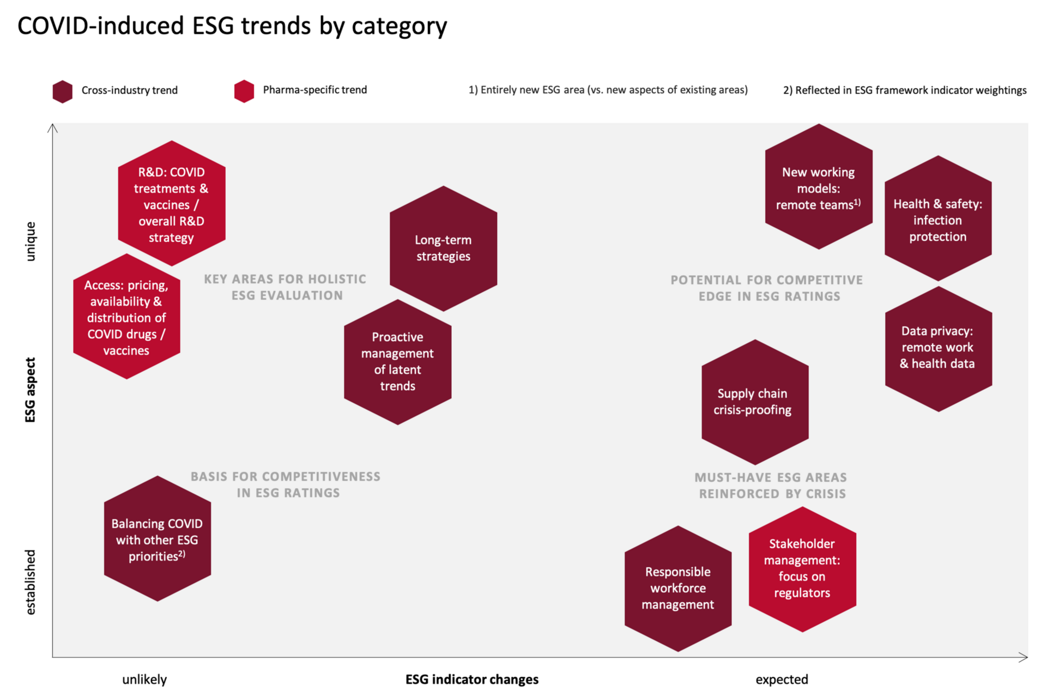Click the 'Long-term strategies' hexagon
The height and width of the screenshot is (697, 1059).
pyautogui.click(x=443, y=249)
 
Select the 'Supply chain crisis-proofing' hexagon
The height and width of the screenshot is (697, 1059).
pyautogui.click(x=755, y=402)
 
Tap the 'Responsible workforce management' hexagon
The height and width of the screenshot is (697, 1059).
pyautogui.click(x=678, y=589)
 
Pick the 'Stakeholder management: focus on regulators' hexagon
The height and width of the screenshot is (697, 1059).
pyautogui.click(x=802, y=569)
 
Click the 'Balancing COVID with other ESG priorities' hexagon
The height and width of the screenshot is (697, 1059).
pyautogui.click(x=158, y=538)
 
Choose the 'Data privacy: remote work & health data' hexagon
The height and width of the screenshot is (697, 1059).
pyautogui.click(x=939, y=349)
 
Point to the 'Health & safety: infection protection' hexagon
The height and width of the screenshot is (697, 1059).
pyautogui.click(x=938, y=218)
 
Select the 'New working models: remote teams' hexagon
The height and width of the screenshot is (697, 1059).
pyautogui.click(x=819, y=186)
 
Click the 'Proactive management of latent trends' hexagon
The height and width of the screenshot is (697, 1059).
pyautogui.click(x=397, y=362)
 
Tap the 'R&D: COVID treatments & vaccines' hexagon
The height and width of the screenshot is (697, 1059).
pyautogui.click(x=172, y=203)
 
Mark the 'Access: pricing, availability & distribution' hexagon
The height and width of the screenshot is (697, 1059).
pyautogui.click(x=126, y=316)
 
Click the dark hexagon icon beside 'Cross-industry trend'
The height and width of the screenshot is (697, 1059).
pyautogui.click(x=63, y=92)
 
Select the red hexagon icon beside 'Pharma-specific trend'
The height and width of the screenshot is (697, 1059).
pyautogui.click(x=244, y=91)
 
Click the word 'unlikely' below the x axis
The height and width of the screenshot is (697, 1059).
pyautogui.click(x=144, y=680)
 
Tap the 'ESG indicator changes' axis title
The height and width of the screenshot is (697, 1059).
pyautogui.click(x=472, y=680)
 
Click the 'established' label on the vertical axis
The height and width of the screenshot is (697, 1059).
pyautogui.click(x=31, y=582)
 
